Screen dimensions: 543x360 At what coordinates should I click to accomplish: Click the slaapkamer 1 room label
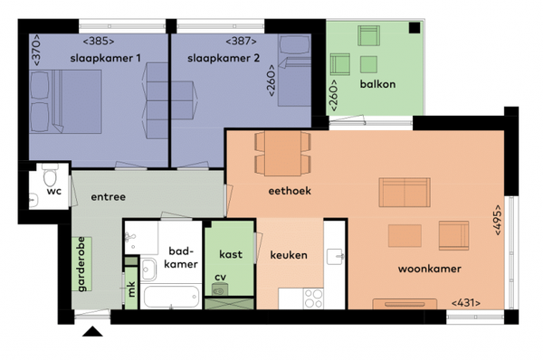[x=106, y=58]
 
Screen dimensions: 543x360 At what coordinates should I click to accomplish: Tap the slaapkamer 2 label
[x=224, y=58]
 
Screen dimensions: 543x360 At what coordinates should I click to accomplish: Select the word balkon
[x=377, y=84]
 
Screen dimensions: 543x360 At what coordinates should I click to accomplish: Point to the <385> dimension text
[x=99, y=42]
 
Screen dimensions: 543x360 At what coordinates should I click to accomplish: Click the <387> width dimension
[x=241, y=42]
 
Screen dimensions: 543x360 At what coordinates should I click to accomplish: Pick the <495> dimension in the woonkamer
[x=498, y=220]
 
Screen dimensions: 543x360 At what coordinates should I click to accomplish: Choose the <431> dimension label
[x=466, y=303]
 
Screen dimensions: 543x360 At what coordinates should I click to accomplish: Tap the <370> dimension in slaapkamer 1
[x=36, y=50]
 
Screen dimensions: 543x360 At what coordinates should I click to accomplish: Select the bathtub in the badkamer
[x=171, y=297]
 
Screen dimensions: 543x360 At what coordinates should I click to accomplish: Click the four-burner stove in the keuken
[x=313, y=298]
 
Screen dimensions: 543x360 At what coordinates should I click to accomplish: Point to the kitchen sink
[x=335, y=257]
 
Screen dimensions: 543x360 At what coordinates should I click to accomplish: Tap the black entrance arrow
[x=92, y=331]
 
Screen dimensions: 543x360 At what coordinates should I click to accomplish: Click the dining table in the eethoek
[x=282, y=153]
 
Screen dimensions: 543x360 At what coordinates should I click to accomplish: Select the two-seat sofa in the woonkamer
[x=405, y=193]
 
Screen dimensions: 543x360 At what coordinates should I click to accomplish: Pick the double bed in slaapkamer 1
[x=65, y=101]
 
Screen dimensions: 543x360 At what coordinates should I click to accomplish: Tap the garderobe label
[x=81, y=264]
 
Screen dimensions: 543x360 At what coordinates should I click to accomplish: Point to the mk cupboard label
[x=131, y=289]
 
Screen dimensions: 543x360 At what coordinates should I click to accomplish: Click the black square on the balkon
[x=414, y=28]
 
